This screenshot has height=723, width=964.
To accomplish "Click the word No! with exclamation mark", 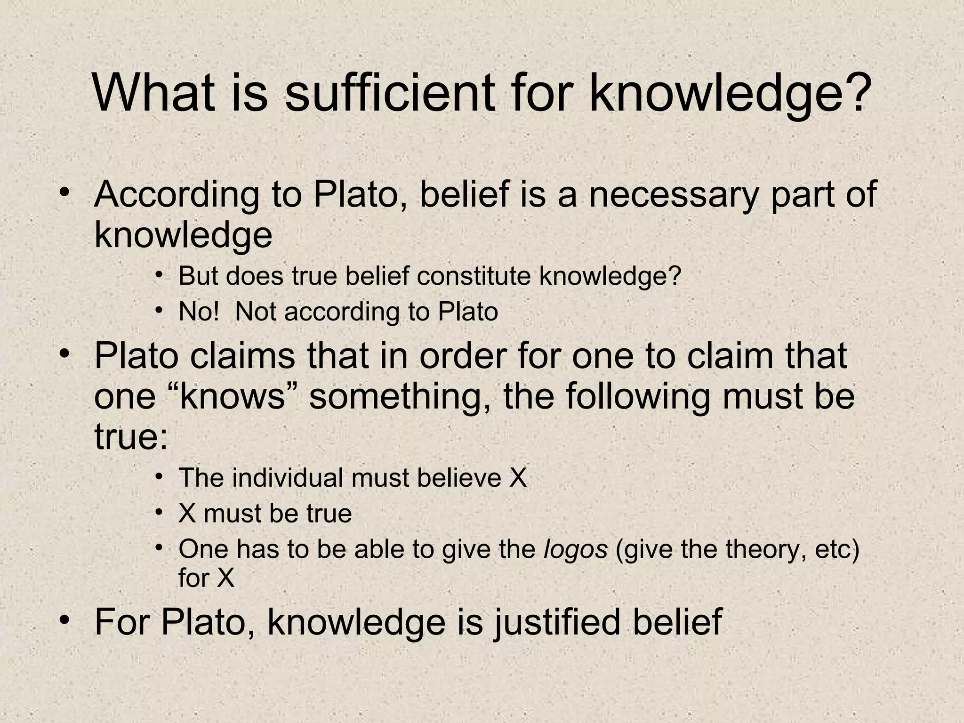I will tap(199, 312).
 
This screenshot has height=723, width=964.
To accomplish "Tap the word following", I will tap(638, 396).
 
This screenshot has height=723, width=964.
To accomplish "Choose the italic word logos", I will tap(575, 549).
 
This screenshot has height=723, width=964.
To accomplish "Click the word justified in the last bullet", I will tap(557, 622).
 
